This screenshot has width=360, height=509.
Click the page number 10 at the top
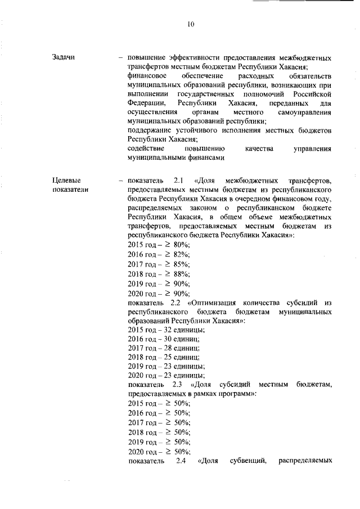tap(191, 24)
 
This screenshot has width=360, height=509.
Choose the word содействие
tap(146, 148)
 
